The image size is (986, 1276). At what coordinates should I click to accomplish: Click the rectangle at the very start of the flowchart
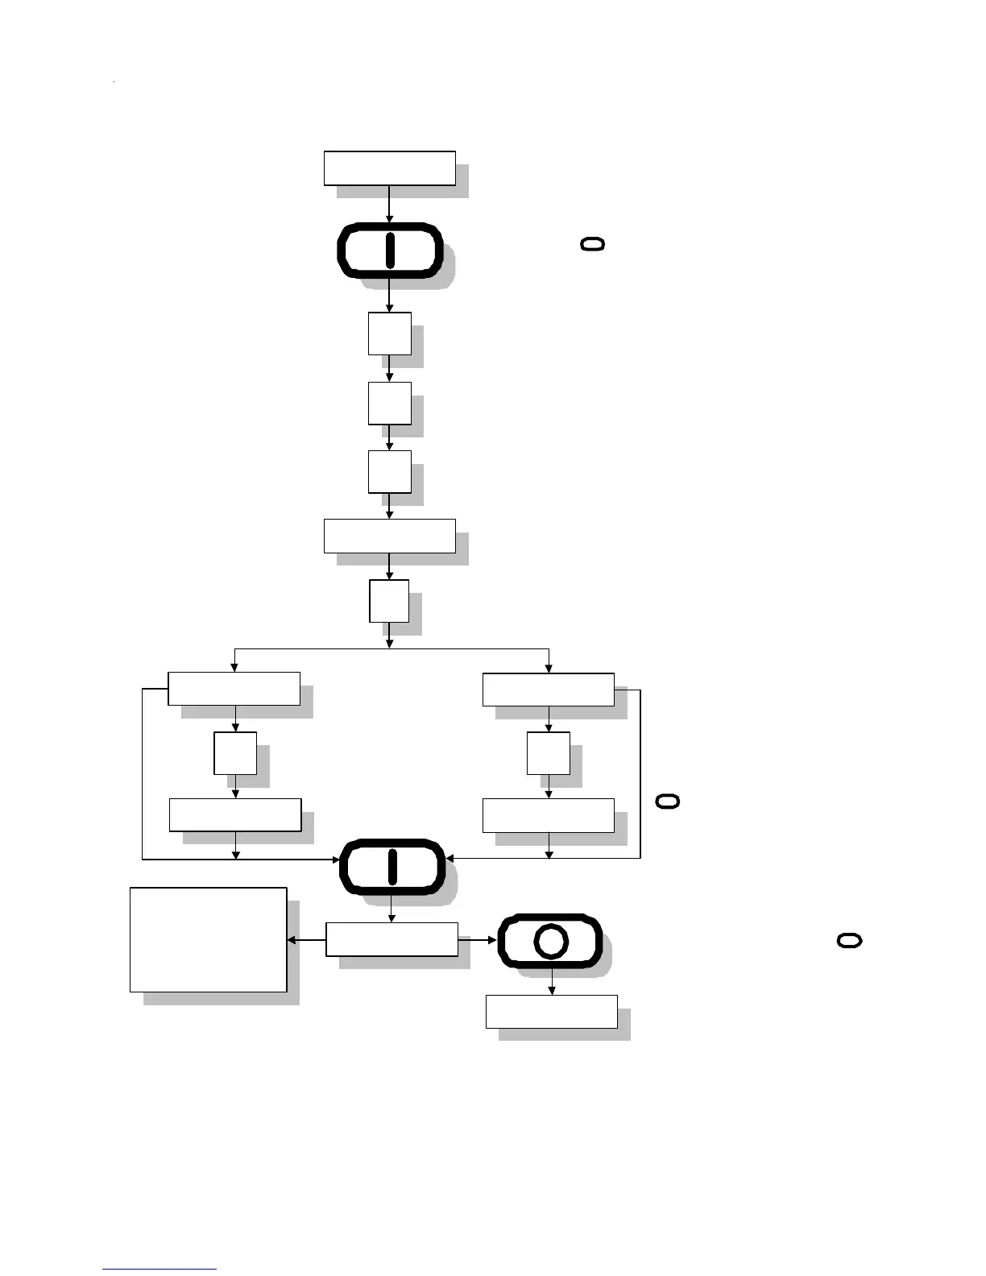click(x=389, y=168)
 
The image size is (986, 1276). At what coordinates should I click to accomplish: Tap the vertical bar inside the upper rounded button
click(x=390, y=250)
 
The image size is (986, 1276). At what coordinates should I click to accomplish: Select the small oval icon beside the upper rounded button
click(x=592, y=244)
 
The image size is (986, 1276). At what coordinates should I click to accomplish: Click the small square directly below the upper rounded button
click(x=389, y=333)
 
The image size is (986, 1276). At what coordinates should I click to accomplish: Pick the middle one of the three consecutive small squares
click(x=389, y=403)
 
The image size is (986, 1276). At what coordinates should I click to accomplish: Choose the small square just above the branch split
click(x=389, y=601)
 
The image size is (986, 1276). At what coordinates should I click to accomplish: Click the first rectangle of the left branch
click(x=234, y=689)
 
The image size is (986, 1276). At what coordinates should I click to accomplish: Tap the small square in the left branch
click(x=235, y=753)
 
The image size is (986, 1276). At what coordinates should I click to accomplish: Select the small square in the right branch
click(x=549, y=753)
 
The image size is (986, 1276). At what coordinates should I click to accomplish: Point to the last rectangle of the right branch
click(x=549, y=815)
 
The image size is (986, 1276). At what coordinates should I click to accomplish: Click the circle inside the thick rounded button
click(x=551, y=941)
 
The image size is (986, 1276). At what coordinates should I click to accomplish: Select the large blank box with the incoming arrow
click(x=208, y=939)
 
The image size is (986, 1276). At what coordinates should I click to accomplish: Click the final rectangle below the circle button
click(x=551, y=1012)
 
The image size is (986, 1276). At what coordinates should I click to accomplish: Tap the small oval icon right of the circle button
click(x=850, y=940)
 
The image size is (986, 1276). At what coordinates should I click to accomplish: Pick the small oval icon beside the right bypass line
click(x=668, y=801)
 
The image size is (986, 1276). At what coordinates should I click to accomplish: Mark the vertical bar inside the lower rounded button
click(x=392, y=867)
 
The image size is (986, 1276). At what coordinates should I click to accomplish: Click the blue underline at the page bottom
click(x=159, y=1270)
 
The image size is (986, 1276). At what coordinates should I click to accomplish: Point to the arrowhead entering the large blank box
click(x=292, y=940)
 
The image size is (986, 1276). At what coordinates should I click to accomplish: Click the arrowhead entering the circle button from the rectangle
click(x=492, y=940)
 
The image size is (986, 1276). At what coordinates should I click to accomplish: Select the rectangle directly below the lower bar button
click(x=391, y=939)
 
